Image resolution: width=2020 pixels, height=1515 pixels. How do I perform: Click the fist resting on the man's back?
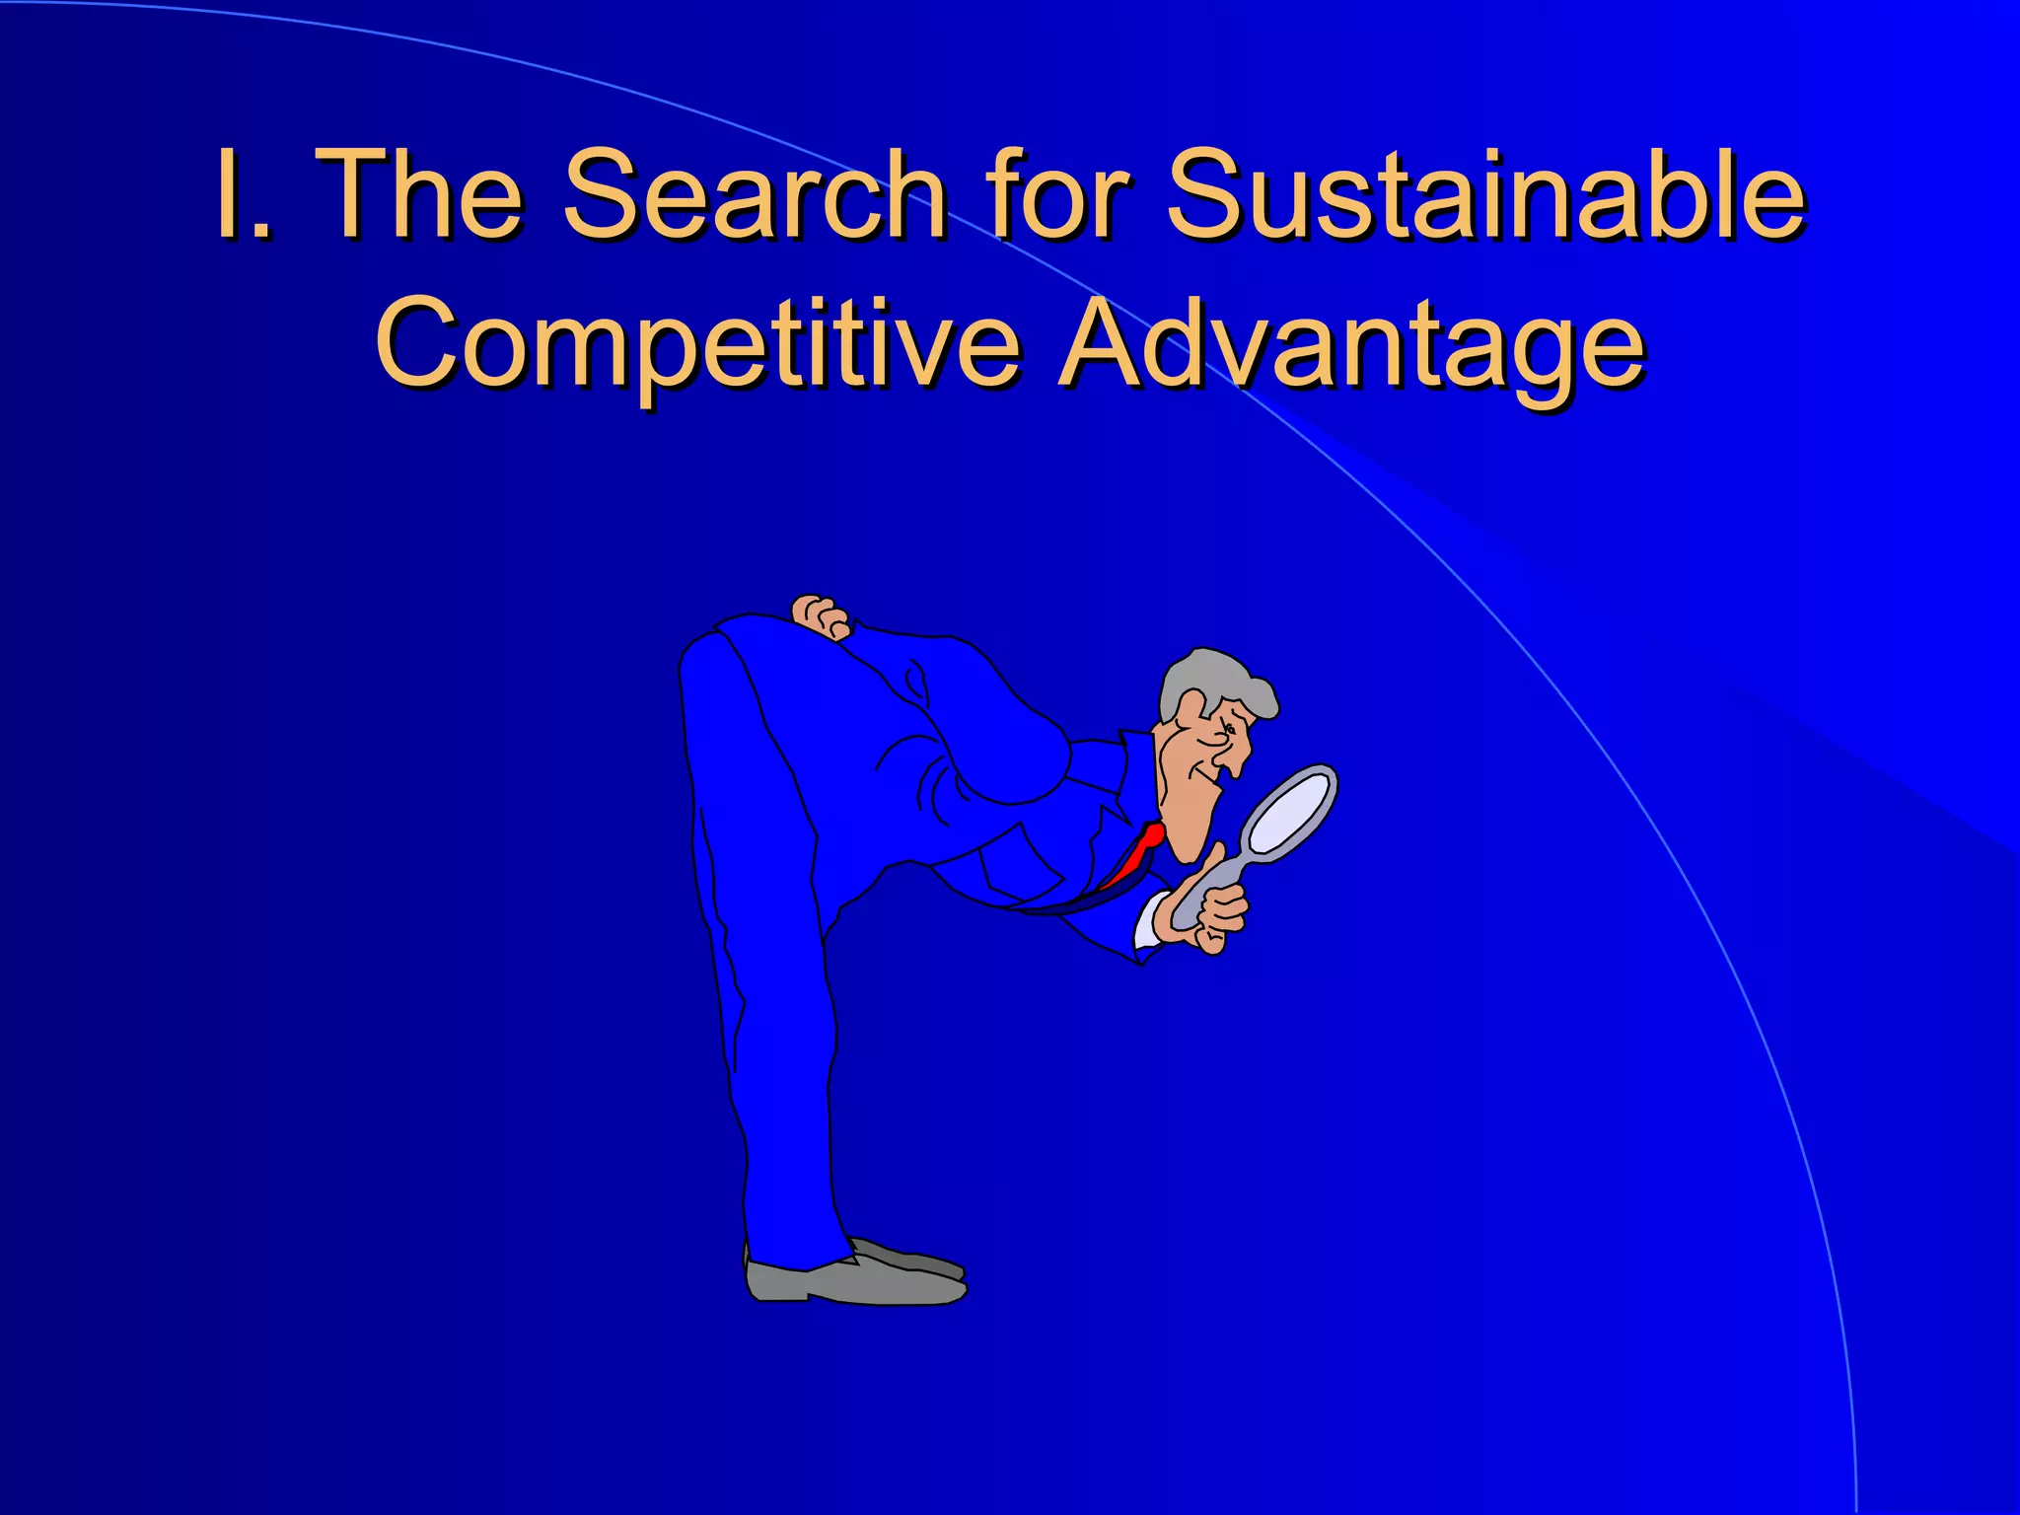[x=820, y=615]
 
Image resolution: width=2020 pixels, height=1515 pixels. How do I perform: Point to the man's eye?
[x=1229, y=730]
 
